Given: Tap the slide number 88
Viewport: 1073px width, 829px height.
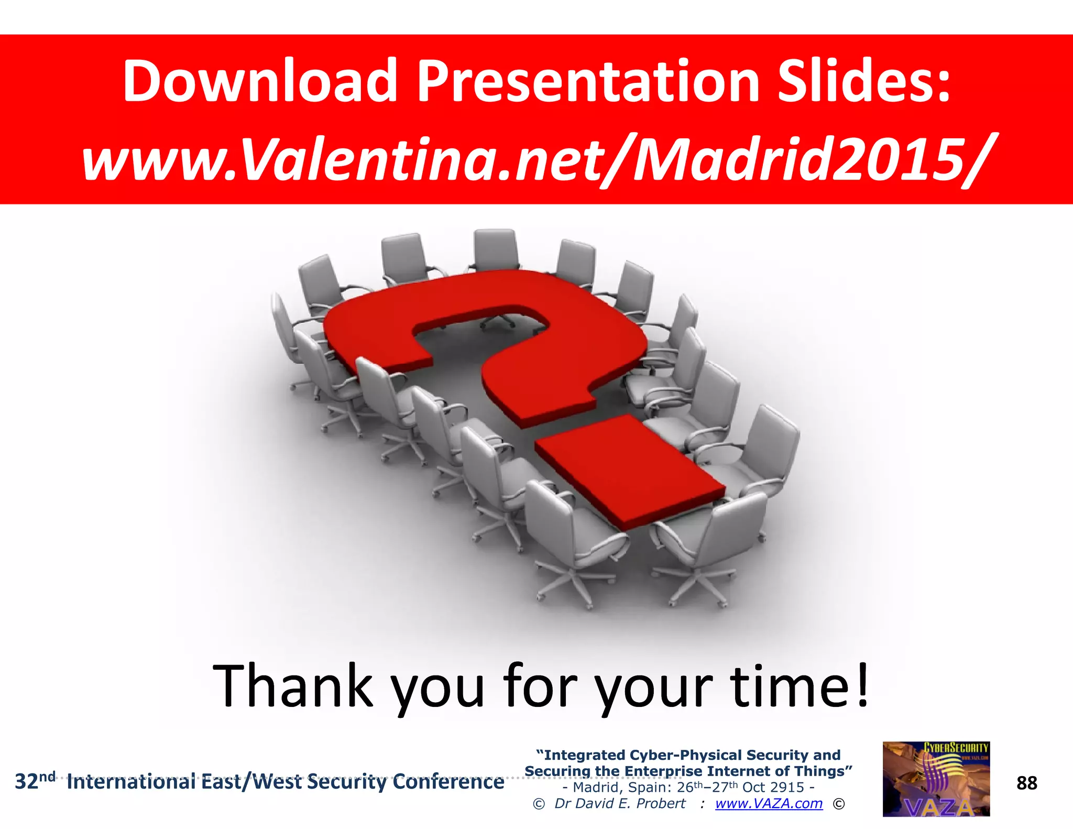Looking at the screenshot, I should click(x=1026, y=783).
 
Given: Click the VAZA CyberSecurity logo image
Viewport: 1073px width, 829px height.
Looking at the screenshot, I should click(x=936, y=779).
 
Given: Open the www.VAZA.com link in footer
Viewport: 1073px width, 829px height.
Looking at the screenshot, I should click(x=769, y=803).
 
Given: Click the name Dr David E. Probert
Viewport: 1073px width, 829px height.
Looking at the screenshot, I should click(x=619, y=803).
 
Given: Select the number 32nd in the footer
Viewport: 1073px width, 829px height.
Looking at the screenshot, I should click(x=35, y=781).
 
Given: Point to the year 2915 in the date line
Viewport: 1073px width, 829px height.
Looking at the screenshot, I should click(x=787, y=787).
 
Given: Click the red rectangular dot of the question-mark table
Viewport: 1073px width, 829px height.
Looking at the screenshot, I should click(x=629, y=469).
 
